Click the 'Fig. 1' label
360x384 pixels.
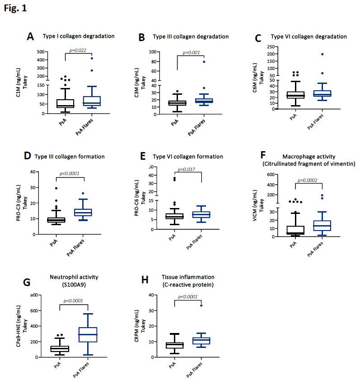[15, 9]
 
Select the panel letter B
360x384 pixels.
[141, 38]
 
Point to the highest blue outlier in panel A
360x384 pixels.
[91, 58]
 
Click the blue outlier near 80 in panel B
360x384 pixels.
[203, 62]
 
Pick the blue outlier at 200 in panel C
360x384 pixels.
[323, 54]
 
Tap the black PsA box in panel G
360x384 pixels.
[59, 348]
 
